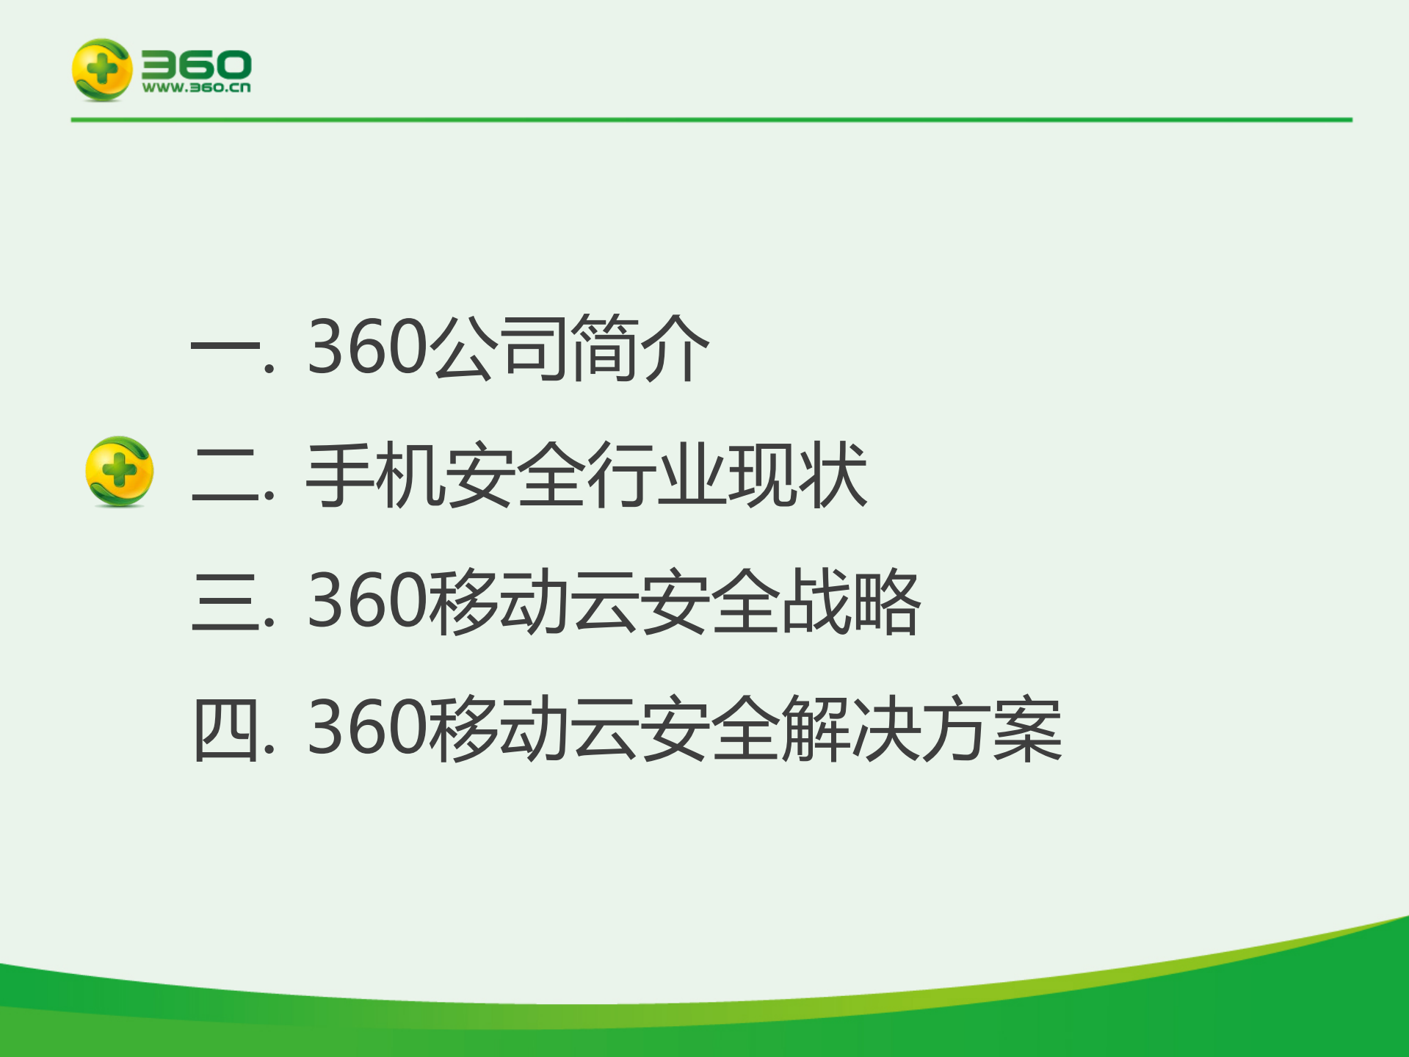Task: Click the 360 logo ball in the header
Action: point(101,70)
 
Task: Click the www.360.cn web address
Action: point(196,88)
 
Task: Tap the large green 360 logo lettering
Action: point(196,65)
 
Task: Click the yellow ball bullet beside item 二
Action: point(119,472)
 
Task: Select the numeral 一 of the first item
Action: point(225,347)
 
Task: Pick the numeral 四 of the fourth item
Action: point(225,729)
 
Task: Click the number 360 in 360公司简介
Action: point(367,347)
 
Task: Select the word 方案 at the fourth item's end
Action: point(991,729)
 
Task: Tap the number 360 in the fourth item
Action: point(367,729)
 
